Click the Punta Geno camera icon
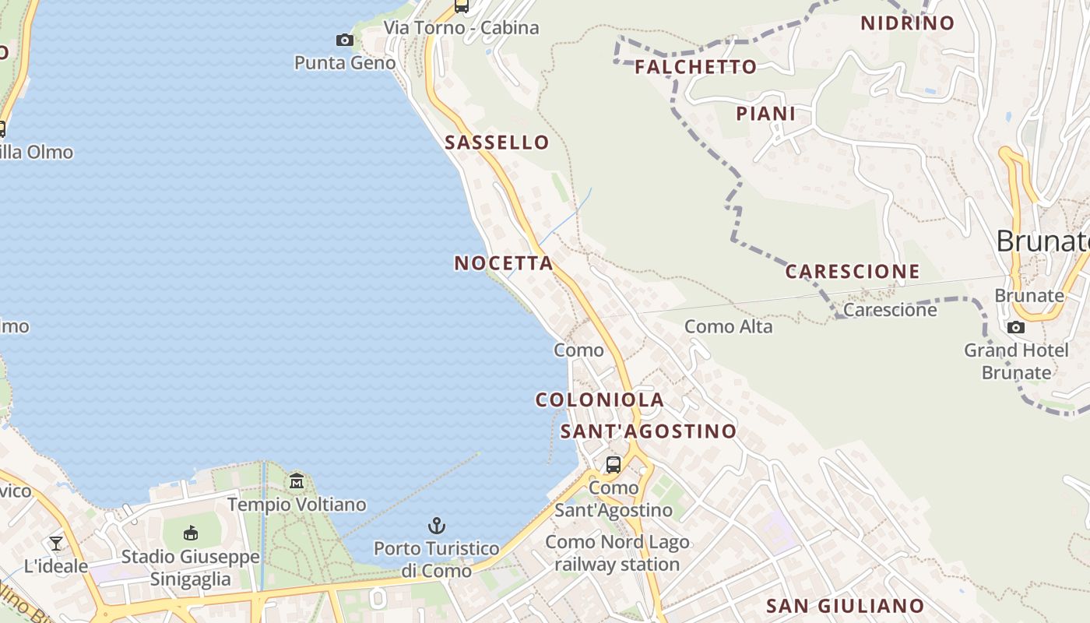point(344,40)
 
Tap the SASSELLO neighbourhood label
point(497,143)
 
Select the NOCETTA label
point(504,263)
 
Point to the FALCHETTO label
point(695,67)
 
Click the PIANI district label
point(766,114)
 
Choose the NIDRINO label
point(907,23)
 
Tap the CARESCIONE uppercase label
point(853,272)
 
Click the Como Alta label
point(729,327)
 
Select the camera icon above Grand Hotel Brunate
point(1016,327)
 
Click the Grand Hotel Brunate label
point(1016,361)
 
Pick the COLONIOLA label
point(599,400)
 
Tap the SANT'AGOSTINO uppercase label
point(649,431)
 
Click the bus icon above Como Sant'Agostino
point(614,465)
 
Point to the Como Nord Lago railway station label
point(617,553)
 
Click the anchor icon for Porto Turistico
point(437,526)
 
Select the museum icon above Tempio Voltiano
point(297,480)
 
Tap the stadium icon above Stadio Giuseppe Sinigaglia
point(191,533)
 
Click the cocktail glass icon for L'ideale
point(56,543)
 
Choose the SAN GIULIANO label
point(846,606)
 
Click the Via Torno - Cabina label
point(461,28)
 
